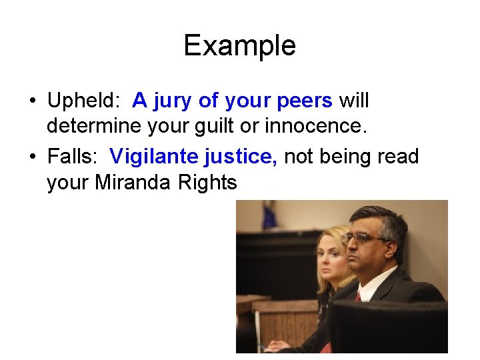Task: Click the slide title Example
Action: [239, 46]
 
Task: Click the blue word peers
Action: [303, 101]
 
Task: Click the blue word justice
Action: [241, 157]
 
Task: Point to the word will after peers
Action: [353, 101]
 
